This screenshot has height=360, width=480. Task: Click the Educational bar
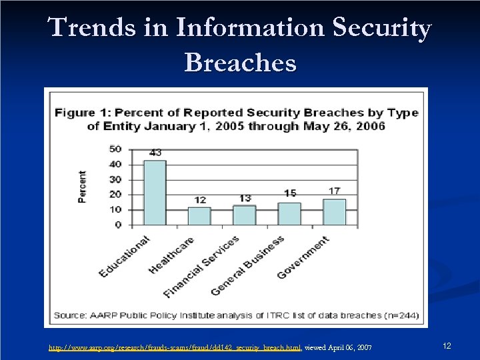(x=155, y=193)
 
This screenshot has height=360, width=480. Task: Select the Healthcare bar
(x=199, y=216)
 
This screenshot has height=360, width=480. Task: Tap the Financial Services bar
(x=244, y=215)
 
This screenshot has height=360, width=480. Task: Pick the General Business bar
(x=289, y=213)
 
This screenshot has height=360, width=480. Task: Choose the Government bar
(x=334, y=212)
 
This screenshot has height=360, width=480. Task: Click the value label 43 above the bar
(x=155, y=153)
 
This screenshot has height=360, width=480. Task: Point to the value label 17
(x=334, y=191)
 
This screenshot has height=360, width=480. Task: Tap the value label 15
(x=289, y=193)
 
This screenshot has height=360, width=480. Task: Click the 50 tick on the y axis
(x=115, y=149)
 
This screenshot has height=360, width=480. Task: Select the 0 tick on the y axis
(x=118, y=225)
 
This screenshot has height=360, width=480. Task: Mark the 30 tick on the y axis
(x=115, y=179)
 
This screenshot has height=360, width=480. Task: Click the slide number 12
(x=447, y=346)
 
